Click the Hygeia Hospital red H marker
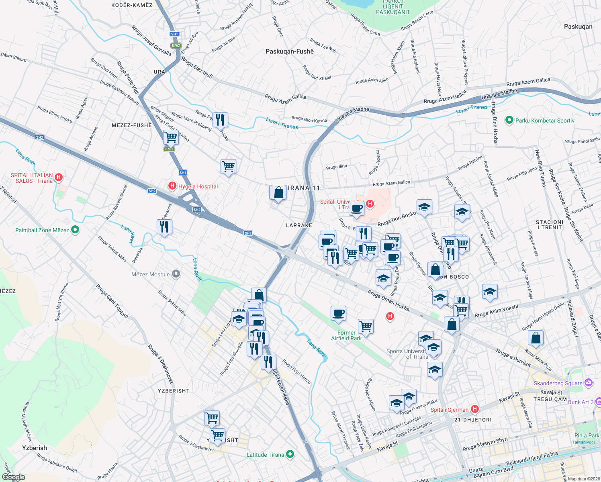click(x=172, y=186)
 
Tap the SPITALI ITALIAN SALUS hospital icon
click(x=59, y=177)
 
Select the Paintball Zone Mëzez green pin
click(x=75, y=230)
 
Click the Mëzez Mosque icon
click(x=176, y=274)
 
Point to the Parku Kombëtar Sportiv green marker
click(x=509, y=120)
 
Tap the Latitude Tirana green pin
click(x=290, y=454)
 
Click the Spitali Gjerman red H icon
click(x=475, y=409)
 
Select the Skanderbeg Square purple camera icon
click(x=589, y=382)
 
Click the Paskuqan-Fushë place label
click(x=289, y=51)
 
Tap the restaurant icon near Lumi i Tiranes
click(x=220, y=120)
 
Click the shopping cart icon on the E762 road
click(x=171, y=137)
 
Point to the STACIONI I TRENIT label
click(x=550, y=225)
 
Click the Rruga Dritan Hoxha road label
click(x=388, y=300)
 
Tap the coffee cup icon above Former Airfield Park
click(x=338, y=313)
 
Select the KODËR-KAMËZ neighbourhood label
click(x=132, y=5)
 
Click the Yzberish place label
click(x=35, y=448)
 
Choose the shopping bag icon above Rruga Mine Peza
click(x=536, y=338)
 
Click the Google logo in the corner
click(x=14, y=477)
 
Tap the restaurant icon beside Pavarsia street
click(x=164, y=227)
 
